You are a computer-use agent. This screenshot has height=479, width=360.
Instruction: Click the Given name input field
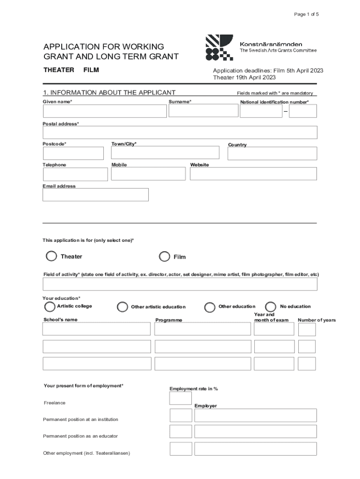pyautogui.click(x=104, y=111)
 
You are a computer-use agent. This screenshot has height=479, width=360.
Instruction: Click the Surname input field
pyautogui.click(x=203, y=110)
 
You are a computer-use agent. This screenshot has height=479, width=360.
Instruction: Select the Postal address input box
pyautogui.click(x=180, y=132)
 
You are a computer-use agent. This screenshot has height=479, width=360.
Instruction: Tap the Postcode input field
pyautogui.click(x=73, y=153)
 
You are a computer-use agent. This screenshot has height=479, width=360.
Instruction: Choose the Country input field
pyautogui.click(x=272, y=153)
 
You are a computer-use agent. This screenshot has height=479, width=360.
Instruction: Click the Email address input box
pyautogui.click(x=95, y=195)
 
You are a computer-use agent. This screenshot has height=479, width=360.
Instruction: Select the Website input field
pyautogui.click(x=253, y=174)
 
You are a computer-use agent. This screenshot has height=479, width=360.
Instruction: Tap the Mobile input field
pyautogui.click(x=148, y=174)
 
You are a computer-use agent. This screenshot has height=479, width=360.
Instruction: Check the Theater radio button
pyautogui.click(x=51, y=256)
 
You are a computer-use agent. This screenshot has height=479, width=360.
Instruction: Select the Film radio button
pyautogui.click(x=165, y=256)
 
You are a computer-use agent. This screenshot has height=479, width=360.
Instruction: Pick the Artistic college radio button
pyautogui.click(x=49, y=306)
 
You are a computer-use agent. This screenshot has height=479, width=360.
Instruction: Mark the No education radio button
pyautogui.click(x=270, y=306)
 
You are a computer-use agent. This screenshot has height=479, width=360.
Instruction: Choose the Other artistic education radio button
pyautogui.click(x=122, y=307)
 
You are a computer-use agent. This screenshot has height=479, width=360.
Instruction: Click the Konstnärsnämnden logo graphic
pyautogui.click(x=219, y=47)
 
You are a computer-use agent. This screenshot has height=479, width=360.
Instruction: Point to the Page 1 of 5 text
pyautogui.click(x=306, y=15)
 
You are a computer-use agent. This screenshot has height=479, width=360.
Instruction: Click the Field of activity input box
pyautogui.click(x=180, y=284)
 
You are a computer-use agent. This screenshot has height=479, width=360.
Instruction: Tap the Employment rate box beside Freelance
pyautogui.click(x=180, y=398)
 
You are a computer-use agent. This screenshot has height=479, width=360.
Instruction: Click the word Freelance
pyautogui.click(x=54, y=403)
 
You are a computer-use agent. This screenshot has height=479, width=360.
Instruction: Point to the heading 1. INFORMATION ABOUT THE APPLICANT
pyautogui.click(x=109, y=93)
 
